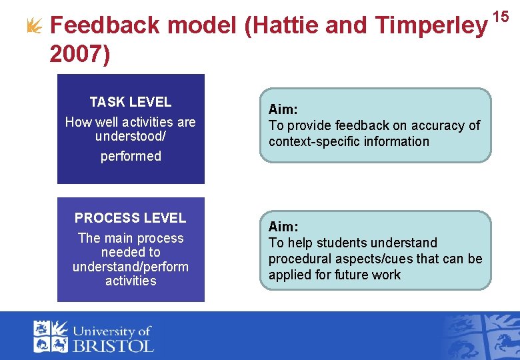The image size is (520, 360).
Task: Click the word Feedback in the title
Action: pos(105,25)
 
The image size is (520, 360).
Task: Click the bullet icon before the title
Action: pos(32,25)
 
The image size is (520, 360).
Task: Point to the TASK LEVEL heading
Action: pos(131,102)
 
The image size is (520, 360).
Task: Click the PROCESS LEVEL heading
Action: pos(131,218)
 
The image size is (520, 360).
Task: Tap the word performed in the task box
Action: pos(131,156)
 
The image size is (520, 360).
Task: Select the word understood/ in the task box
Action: pos(131,136)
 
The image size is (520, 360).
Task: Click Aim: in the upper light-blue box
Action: pos(283,109)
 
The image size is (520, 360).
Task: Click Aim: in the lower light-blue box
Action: pos(283,227)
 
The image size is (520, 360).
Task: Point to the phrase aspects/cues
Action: pos(369,259)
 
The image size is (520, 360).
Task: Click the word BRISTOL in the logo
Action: pos(113,345)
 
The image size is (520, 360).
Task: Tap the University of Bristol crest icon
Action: pos(51,336)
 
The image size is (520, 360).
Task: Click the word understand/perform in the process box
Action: pos(131,267)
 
